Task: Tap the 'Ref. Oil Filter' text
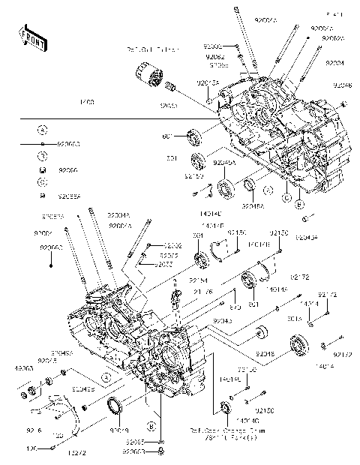(153, 49)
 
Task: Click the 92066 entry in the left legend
(67, 170)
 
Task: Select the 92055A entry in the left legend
(70, 196)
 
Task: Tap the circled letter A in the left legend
(43, 130)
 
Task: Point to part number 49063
(24, 369)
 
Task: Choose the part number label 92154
(177, 280)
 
